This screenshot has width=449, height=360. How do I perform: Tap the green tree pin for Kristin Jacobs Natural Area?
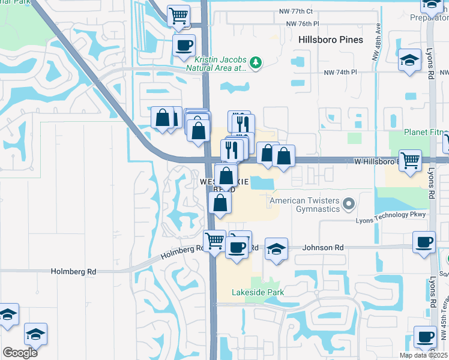click(x=256, y=62)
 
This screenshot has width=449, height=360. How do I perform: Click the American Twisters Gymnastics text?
click(x=305, y=205)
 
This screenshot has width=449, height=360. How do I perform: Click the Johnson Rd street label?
click(x=323, y=247)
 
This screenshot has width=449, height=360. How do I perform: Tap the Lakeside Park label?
click(x=258, y=293)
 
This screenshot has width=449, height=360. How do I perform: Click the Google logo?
click(x=20, y=353)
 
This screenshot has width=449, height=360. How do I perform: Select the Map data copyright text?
click(x=424, y=355)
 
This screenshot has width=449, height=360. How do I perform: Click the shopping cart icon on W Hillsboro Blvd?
click(x=410, y=161)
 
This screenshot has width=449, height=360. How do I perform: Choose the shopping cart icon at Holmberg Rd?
click(x=215, y=241)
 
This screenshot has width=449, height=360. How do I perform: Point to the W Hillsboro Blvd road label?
click(x=376, y=161)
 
